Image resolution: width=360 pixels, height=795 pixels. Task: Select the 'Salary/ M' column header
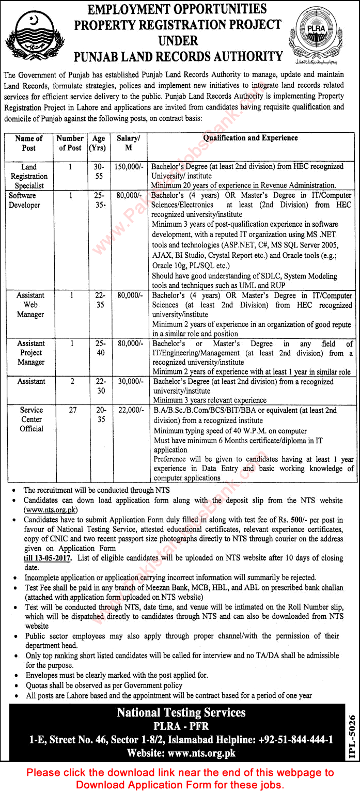(129, 143)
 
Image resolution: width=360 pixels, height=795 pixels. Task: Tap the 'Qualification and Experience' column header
(250, 138)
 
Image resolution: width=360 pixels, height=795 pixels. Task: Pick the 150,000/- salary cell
(129, 167)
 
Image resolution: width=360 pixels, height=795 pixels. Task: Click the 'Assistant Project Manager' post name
(31, 353)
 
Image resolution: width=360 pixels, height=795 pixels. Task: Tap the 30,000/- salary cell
(129, 382)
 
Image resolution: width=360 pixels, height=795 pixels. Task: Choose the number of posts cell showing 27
(71, 410)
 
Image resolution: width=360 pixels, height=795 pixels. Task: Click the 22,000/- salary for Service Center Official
(129, 410)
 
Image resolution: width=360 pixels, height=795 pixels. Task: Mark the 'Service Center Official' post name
(32, 419)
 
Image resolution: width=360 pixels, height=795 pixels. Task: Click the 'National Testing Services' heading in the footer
(181, 713)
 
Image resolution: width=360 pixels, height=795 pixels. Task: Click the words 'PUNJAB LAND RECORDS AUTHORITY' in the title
(178, 56)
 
